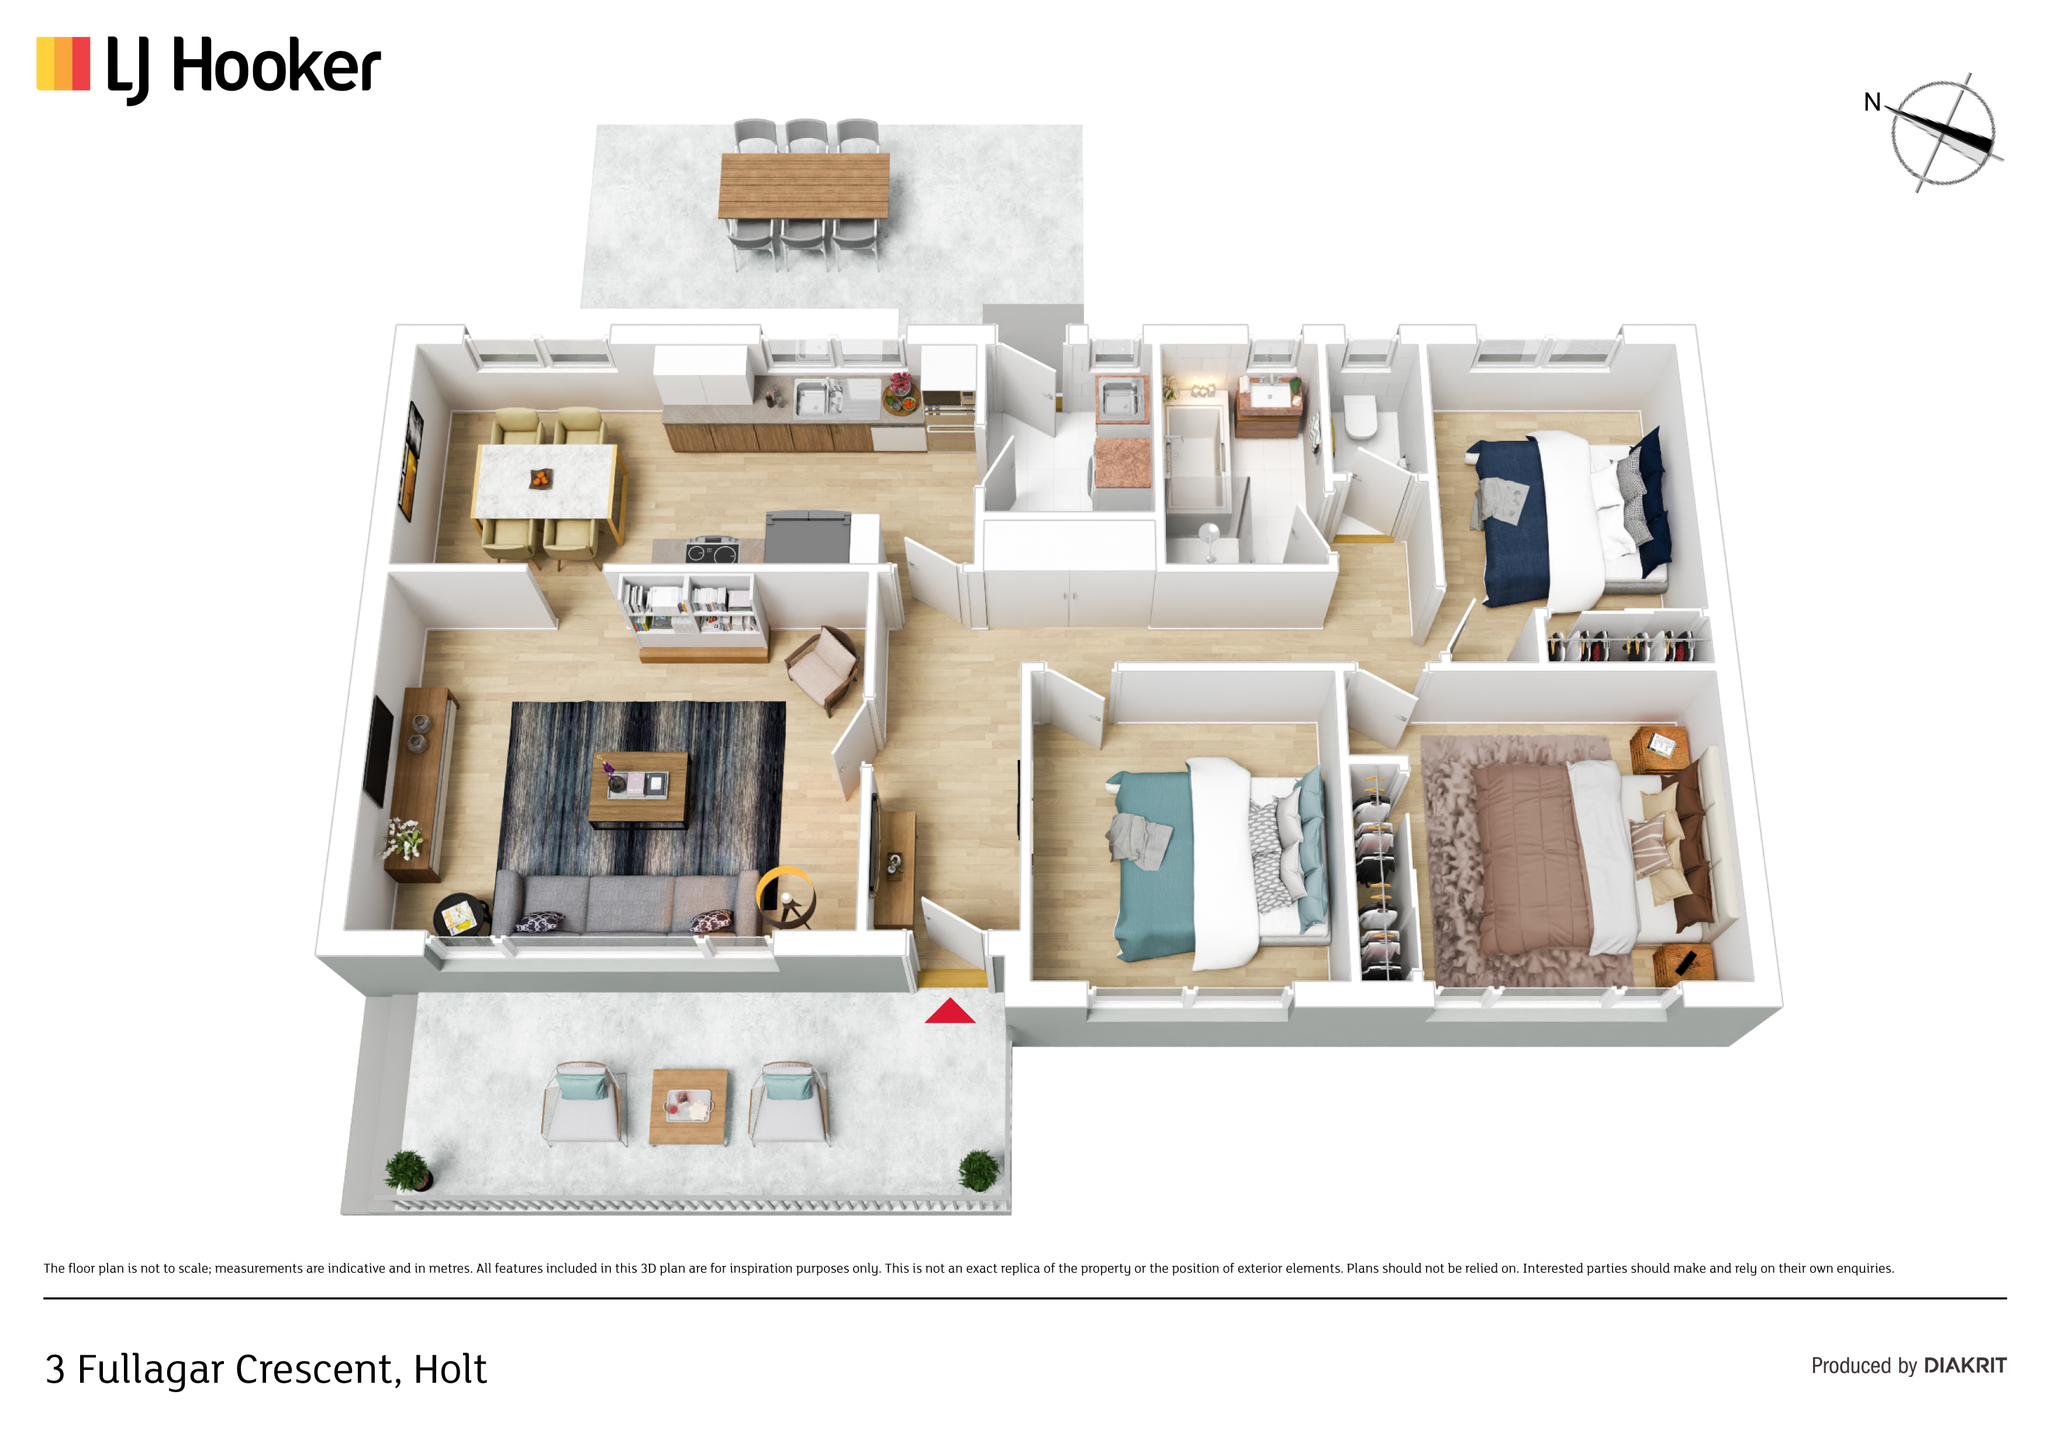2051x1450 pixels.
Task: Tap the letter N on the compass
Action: click(x=1872, y=103)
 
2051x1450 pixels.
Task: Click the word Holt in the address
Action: click(x=450, y=1369)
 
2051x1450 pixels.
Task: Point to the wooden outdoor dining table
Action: click(x=804, y=185)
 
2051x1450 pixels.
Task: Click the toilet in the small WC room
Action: click(x=1361, y=416)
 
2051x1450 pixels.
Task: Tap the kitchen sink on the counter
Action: click(x=813, y=396)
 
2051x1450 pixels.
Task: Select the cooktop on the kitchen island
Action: click(x=712, y=550)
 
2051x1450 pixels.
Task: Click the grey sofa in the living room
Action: click(x=626, y=902)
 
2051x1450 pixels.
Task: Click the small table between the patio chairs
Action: click(x=688, y=1106)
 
